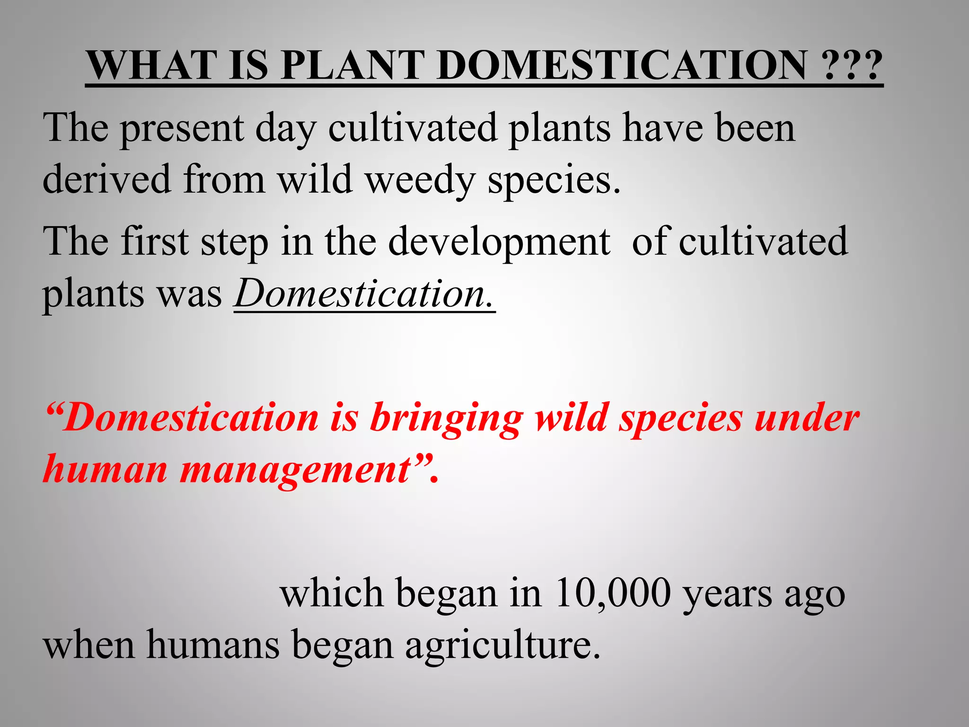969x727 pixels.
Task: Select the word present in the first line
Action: (183, 129)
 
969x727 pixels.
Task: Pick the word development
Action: (499, 242)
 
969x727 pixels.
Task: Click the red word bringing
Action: (447, 419)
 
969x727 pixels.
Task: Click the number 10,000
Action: (613, 594)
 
